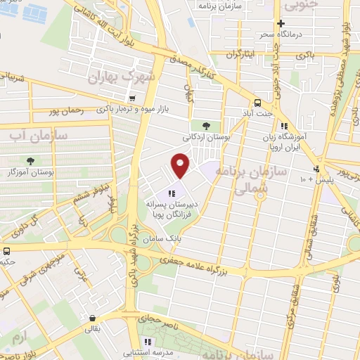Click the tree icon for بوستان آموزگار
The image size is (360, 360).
30,161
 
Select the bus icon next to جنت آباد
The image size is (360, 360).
258,101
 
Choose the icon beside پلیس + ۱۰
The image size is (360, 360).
318,168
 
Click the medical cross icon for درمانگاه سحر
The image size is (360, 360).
281,23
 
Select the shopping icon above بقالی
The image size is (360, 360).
91,317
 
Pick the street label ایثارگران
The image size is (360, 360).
243,53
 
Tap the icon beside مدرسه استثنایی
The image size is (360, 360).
147,342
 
